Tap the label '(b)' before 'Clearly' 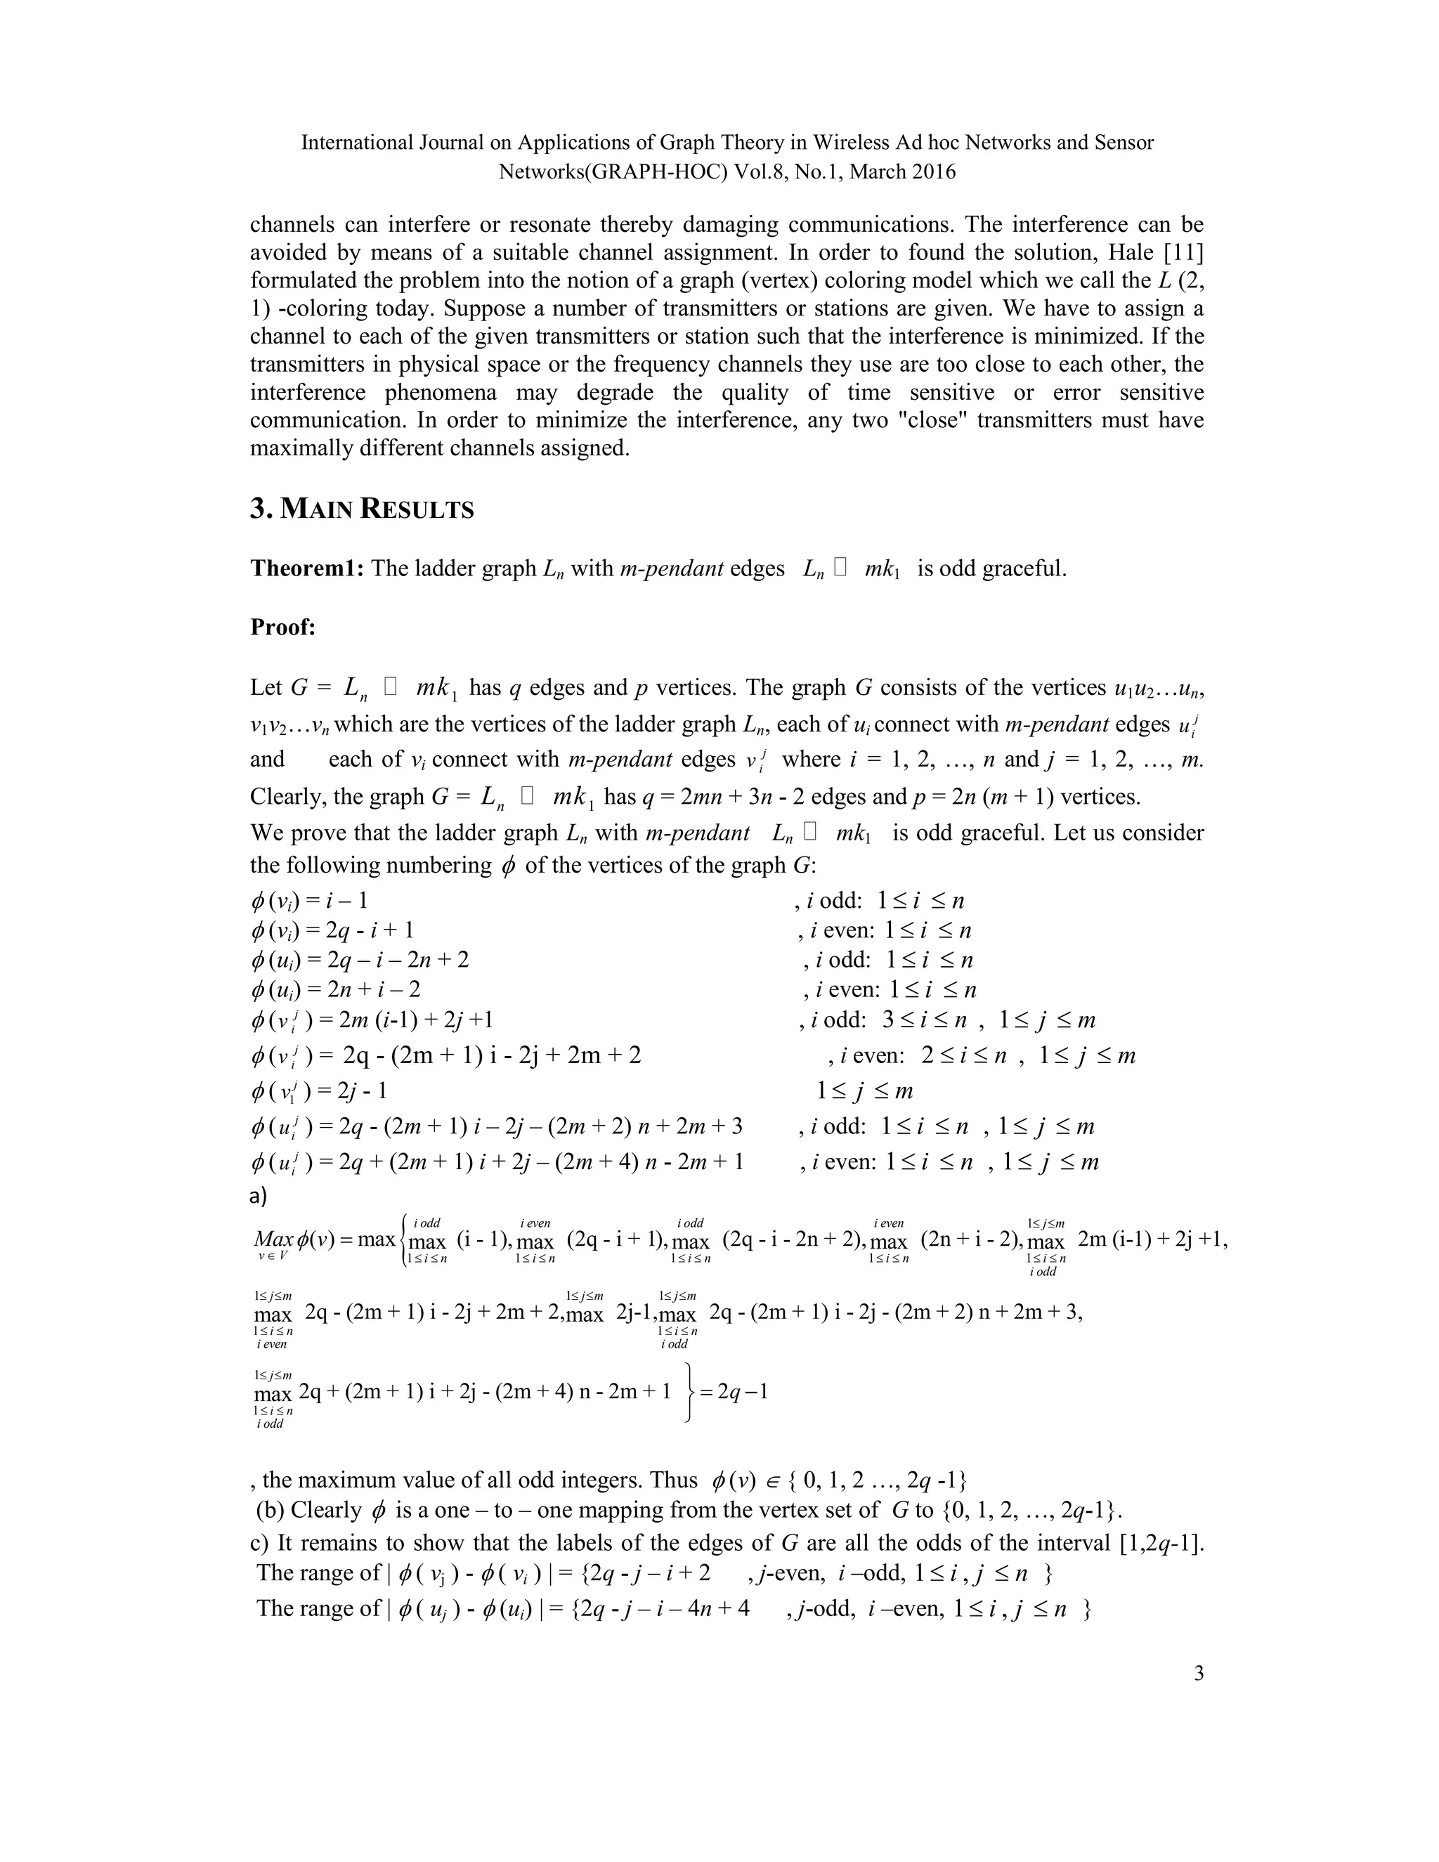tap(271, 1510)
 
